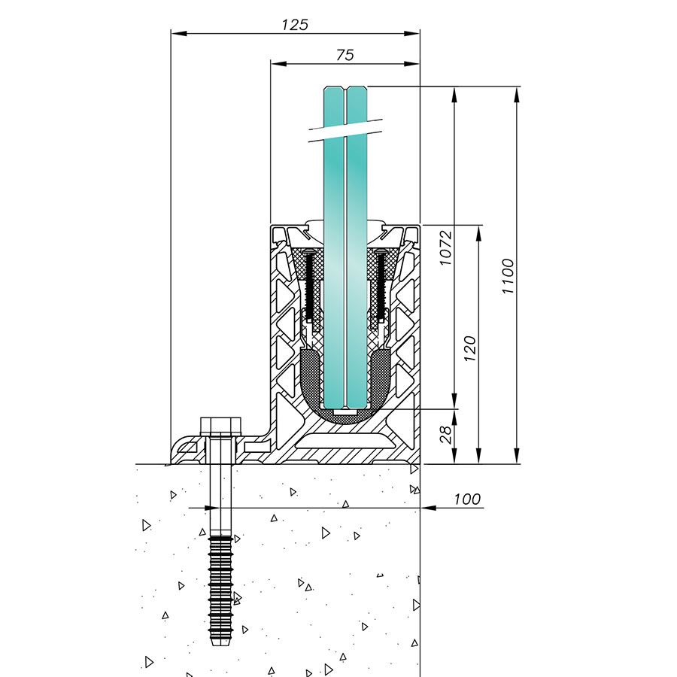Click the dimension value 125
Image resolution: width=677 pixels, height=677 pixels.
pyautogui.click(x=295, y=24)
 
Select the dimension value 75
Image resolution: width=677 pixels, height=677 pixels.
pyautogui.click(x=345, y=55)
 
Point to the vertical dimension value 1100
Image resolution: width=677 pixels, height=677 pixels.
pyautogui.click(x=509, y=276)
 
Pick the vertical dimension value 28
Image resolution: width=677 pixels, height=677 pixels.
pyautogui.click(x=445, y=434)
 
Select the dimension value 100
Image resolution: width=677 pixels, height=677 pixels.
pyautogui.click(x=466, y=499)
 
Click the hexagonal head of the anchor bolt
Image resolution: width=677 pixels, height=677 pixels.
pyautogui.click(x=220, y=426)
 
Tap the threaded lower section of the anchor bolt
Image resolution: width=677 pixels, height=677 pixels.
pyautogui.click(x=220, y=587)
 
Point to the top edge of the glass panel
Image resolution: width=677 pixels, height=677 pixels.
pyautogui.click(x=345, y=88)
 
